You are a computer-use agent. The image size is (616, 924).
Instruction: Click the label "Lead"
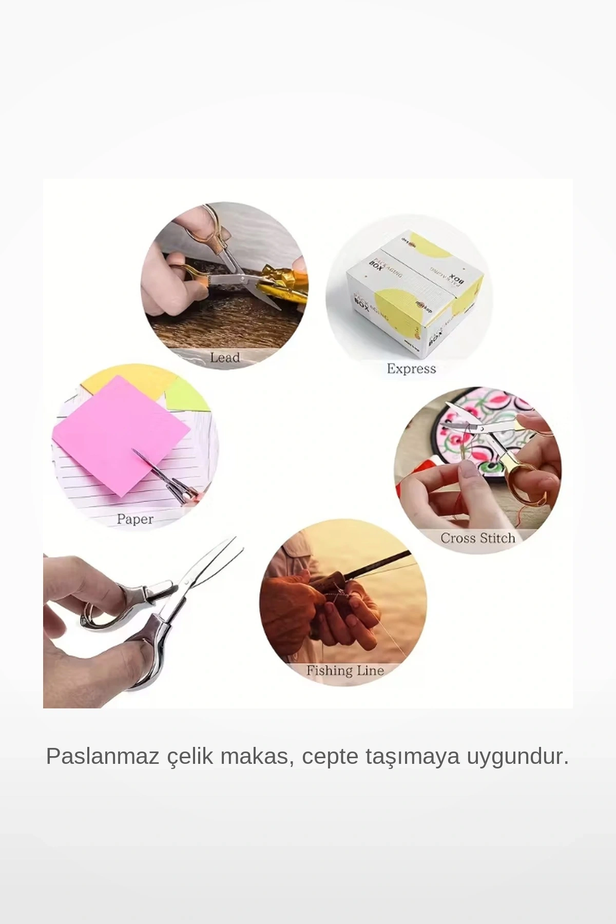pyautogui.click(x=225, y=357)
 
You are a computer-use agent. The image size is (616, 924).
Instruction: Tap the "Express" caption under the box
pyautogui.click(x=411, y=369)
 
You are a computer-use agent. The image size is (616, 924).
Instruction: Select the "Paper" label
pyautogui.click(x=135, y=519)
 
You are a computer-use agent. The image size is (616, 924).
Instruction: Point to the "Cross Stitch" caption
pyautogui.click(x=477, y=538)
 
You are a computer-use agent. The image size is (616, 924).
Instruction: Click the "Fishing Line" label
pyautogui.click(x=345, y=670)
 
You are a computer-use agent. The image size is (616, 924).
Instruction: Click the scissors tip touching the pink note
pyautogui.click(x=136, y=452)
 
